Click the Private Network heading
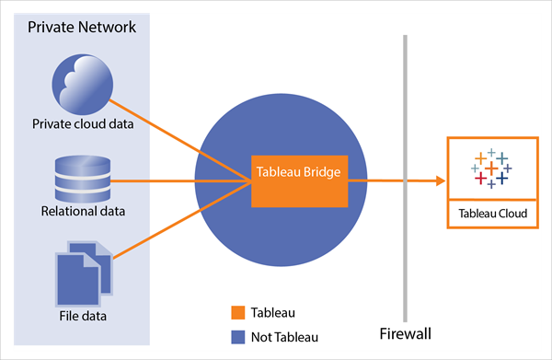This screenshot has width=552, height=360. [82, 27]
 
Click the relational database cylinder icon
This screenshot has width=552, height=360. [82, 179]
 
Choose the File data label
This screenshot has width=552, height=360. [82, 317]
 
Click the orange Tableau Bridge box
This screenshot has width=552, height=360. [299, 180]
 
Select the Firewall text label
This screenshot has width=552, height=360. [405, 332]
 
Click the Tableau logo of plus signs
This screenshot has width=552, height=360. [490, 168]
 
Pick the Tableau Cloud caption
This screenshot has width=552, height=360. [490, 214]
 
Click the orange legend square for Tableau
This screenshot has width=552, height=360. [237, 312]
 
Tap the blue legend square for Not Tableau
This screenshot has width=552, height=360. [237, 336]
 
